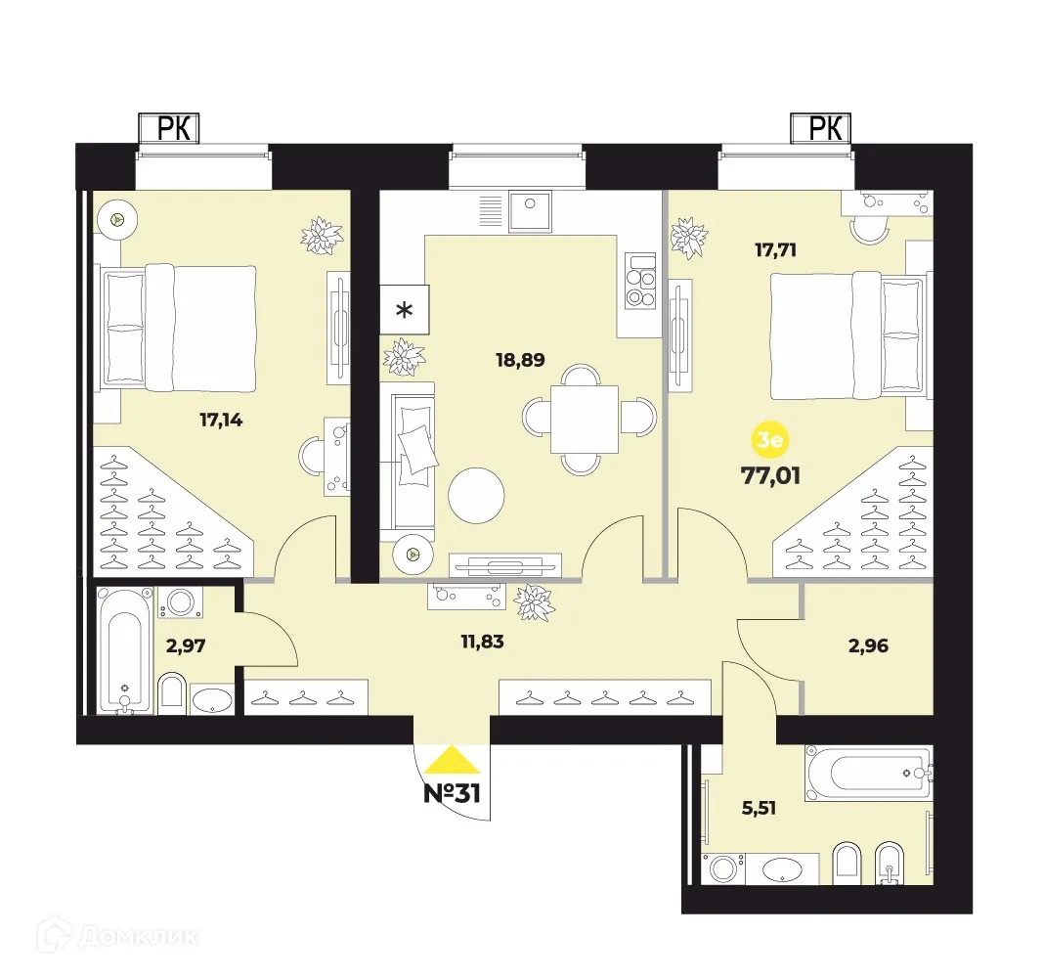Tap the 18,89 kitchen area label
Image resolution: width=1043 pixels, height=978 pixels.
coord(520,359)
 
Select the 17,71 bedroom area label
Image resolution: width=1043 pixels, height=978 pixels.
coord(775,249)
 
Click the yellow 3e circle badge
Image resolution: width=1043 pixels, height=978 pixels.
coord(769,442)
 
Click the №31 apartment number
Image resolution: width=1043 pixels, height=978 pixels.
coord(452,792)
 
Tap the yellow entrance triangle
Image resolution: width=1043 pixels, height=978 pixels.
coord(452,760)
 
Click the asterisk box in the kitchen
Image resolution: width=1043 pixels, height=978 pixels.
coord(403,311)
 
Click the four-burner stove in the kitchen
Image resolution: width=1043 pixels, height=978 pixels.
coord(640,281)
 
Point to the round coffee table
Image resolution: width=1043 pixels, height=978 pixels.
coord(477,497)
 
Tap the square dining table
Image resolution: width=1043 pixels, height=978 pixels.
coord(584,419)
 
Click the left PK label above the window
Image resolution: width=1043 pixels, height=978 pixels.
coord(166,128)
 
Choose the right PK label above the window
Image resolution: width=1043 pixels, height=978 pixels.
coord(821,128)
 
